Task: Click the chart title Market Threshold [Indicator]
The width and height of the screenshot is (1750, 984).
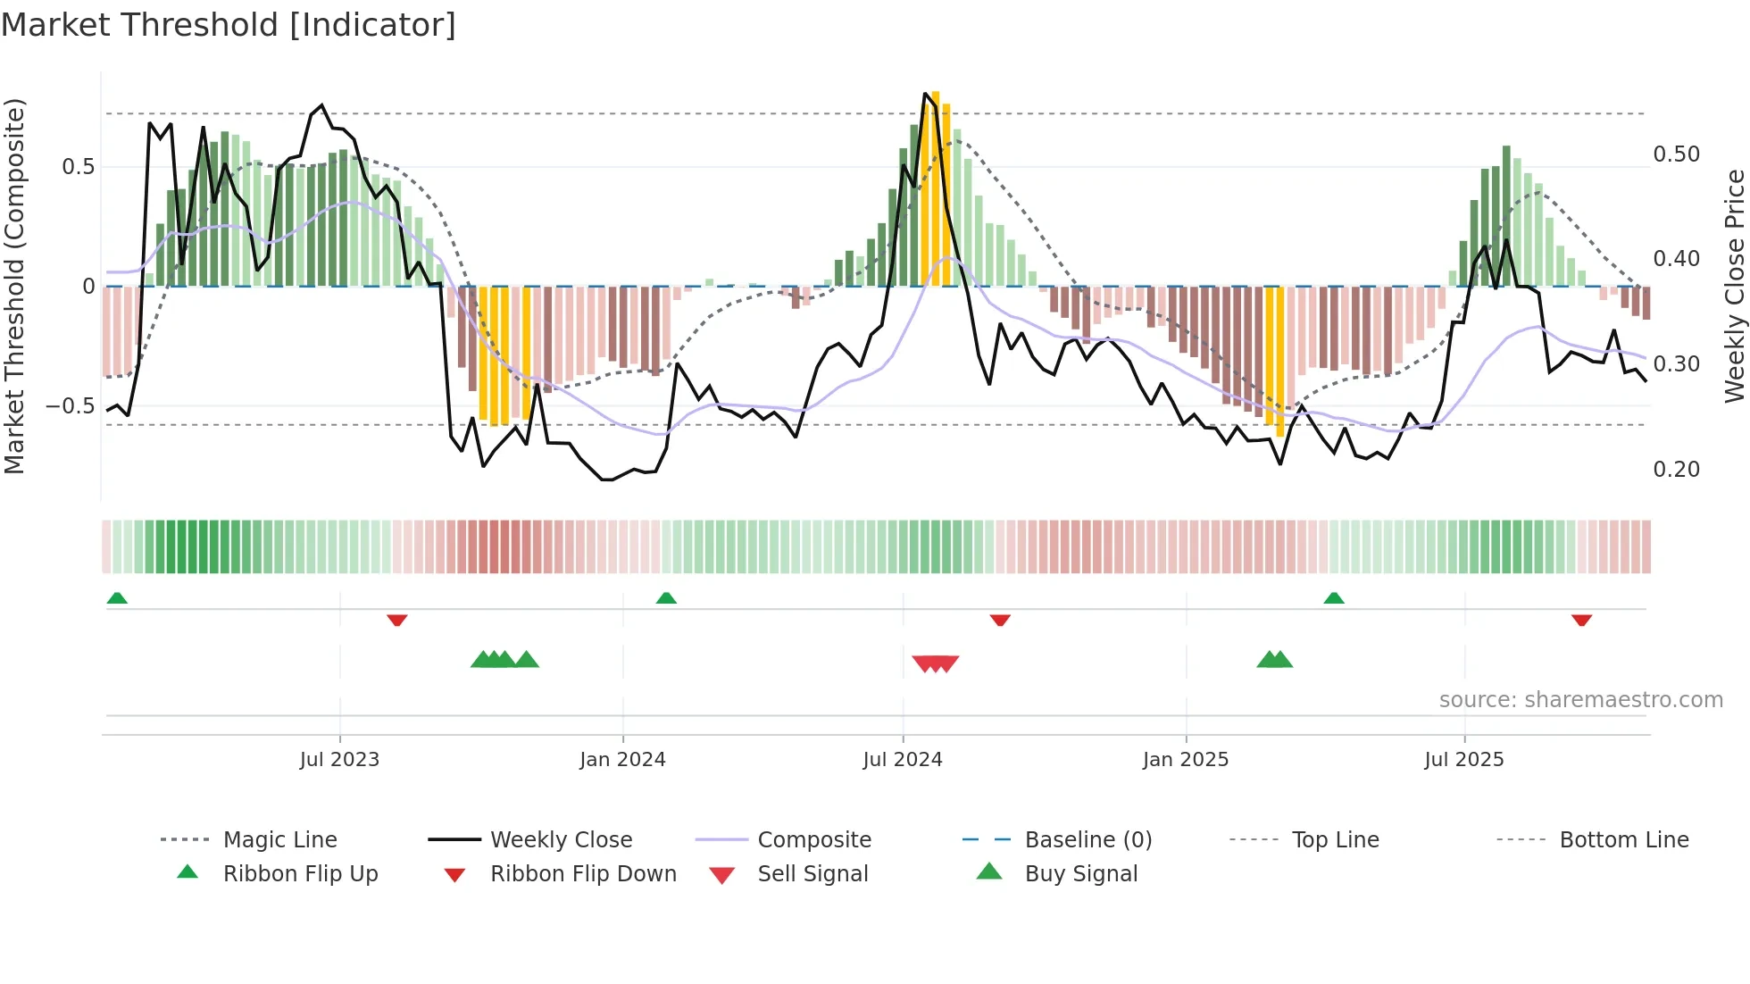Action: [229, 25]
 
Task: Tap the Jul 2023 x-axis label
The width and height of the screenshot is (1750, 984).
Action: [339, 760]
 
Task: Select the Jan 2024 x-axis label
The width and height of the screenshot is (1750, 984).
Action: [622, 760]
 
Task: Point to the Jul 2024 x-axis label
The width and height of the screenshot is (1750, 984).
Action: [903, 760]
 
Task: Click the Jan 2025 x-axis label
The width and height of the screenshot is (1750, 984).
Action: [1186, 760]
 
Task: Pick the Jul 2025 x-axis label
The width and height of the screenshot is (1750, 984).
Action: [1464, 760]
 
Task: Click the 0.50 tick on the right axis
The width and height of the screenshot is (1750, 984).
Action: [1676, 154]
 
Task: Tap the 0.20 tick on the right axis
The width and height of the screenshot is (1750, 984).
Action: [1676, 470]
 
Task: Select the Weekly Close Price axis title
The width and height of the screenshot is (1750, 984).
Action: [1734, 286]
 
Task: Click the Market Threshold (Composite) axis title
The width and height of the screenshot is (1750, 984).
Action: [14, 286]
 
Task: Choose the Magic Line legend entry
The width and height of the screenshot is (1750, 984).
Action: [279, 840]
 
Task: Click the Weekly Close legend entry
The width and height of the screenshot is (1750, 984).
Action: [561, 840]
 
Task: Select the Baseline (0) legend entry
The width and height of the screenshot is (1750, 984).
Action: [1087, 840]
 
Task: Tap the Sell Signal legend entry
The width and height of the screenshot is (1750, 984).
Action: [812, 874]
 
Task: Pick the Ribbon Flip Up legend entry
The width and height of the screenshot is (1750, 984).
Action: [300, 874]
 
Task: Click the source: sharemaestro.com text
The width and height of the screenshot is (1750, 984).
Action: [1580, 700]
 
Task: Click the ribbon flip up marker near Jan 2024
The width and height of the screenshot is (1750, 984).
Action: [666, 598]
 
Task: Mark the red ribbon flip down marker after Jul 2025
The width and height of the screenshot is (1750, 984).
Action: [1581, 620]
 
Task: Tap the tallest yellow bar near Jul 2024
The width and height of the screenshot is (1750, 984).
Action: [935, 188]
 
